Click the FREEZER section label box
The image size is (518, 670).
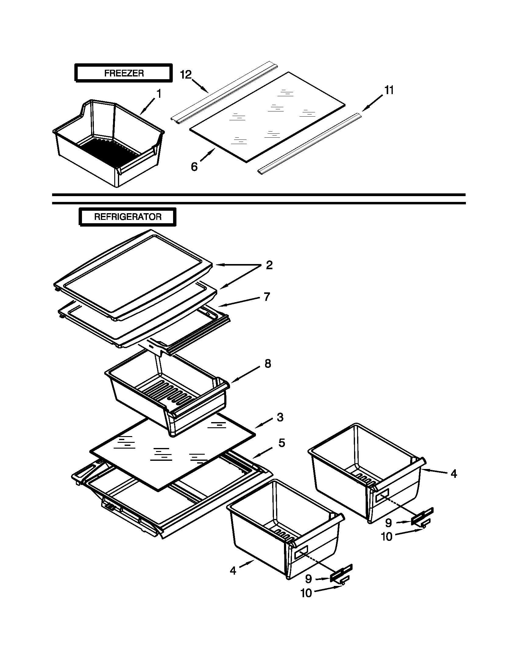click(124, 73)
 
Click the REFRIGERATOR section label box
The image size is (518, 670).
click(128, 217)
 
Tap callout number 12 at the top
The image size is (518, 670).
click(186, 75)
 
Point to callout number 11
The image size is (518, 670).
click(389, 90)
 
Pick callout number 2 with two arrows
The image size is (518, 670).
click(269, 265)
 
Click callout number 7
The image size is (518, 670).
click(267, 297)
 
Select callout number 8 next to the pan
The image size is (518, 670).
click(268, 364)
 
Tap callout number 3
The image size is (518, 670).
click(279, 417)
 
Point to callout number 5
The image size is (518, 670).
click(282, 443)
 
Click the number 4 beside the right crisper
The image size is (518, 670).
click(454, 474)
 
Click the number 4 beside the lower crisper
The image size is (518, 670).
click(233, 571)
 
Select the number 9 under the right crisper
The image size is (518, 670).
click(388, 522)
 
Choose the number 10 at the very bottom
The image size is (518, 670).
click(306, 593)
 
